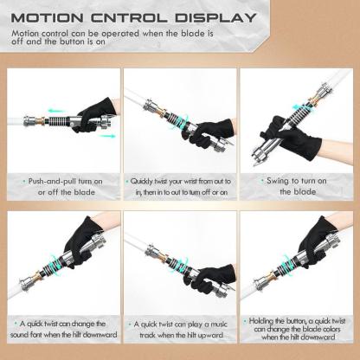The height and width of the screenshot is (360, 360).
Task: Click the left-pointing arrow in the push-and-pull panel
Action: click(x=55, y=112)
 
